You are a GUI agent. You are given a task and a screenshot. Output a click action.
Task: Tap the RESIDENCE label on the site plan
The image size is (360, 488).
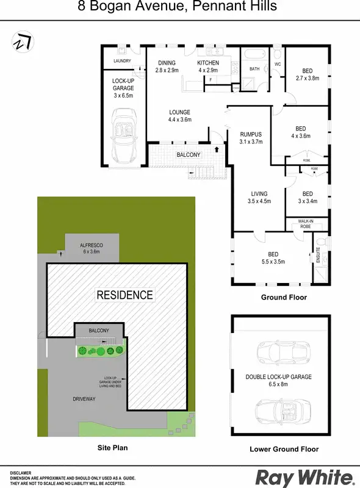124,295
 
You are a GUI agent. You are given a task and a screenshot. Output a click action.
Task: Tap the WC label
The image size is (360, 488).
277,63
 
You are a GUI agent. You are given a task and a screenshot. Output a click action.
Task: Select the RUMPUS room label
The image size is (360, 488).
251,138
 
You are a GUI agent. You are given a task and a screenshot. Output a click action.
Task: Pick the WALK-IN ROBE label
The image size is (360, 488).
306,223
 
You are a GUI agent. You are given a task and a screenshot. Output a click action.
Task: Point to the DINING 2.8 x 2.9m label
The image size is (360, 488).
167,66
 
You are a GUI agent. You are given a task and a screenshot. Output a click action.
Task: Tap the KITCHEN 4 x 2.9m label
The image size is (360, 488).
208,66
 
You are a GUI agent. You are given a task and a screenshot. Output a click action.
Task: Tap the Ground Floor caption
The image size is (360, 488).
284,298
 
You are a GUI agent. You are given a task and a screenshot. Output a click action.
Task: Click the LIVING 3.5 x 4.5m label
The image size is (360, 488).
259,198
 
